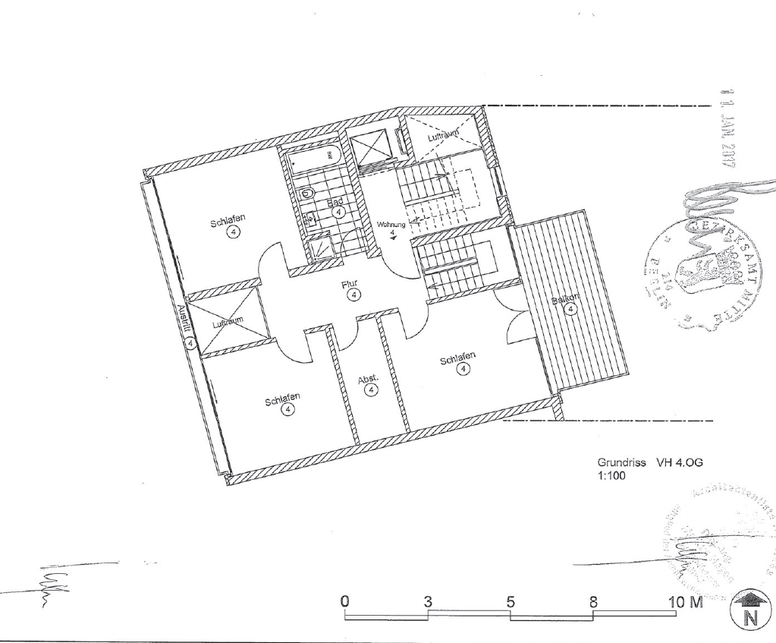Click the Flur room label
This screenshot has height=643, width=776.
point(350,284)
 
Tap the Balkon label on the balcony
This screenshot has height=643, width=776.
point(564,301)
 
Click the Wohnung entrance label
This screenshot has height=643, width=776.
point(391,225)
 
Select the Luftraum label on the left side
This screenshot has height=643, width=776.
point(228,323)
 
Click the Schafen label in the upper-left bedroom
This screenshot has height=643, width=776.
point(228,222)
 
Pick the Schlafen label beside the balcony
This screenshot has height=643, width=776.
point(458,358)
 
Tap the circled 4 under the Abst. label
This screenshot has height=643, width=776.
point(371,390)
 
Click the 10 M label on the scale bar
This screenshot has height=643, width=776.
point(685,601)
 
